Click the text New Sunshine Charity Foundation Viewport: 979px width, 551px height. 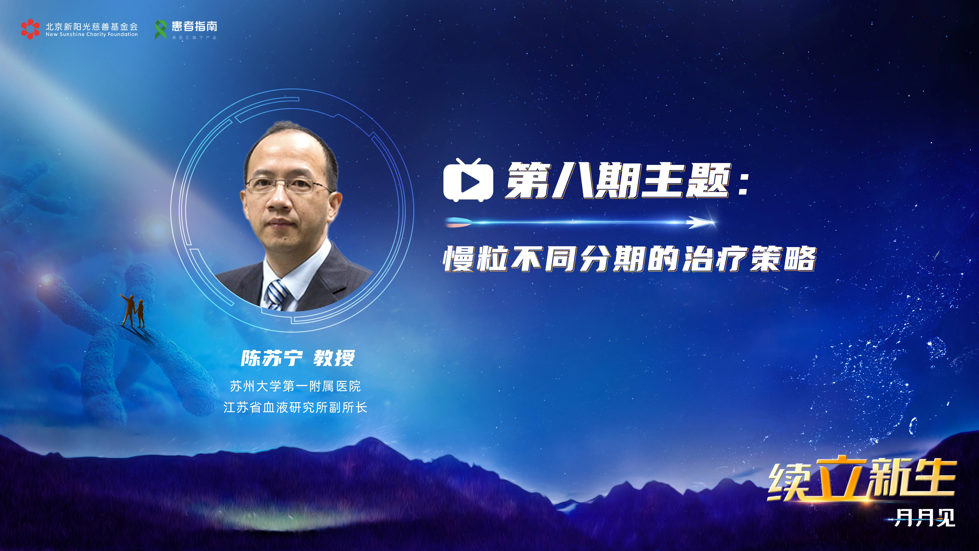click(92, 34)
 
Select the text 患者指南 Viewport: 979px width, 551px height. click(194, 26)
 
